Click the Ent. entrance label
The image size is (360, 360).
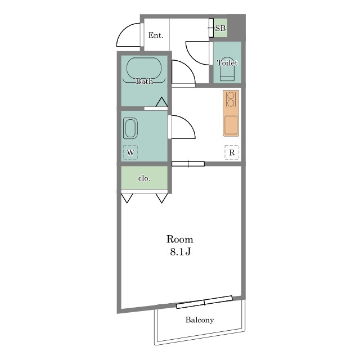pos(156,35)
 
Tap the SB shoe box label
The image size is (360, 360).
pos(220,28)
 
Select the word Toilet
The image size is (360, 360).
pos(227,62)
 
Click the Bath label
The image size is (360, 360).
pos(144,81)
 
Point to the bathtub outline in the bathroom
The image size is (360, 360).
pos(144,68)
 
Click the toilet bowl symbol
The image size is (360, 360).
pos(227,69)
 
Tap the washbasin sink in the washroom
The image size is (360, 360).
pos(130,128)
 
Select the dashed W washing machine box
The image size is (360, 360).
pos(130,152)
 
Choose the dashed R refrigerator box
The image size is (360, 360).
pos(232,152)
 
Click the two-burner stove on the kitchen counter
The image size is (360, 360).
pos(231,99)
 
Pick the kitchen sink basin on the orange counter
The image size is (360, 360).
pos(231,125)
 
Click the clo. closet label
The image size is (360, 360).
pos(144,178)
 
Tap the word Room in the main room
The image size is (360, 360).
pos(179,239)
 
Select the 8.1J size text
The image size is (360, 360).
pos(180,252)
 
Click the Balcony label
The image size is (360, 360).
pos(200,320)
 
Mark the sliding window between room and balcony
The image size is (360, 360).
pos(204,302)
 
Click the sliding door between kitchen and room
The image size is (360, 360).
pos(188,164)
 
